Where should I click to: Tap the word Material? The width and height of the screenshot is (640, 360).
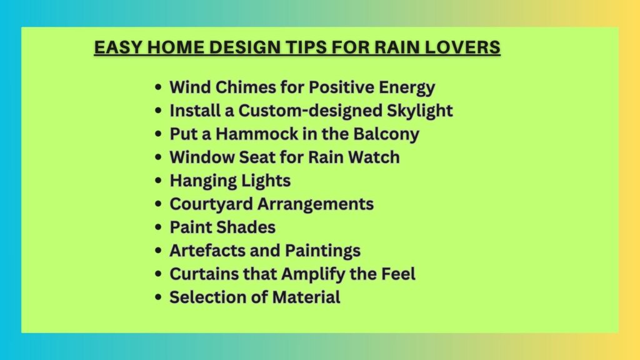306,297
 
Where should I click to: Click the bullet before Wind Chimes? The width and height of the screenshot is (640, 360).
158,87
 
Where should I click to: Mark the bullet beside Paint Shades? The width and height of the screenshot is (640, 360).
158,227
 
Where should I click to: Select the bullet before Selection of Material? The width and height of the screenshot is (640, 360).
158,297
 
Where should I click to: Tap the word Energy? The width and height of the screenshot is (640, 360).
406,87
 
